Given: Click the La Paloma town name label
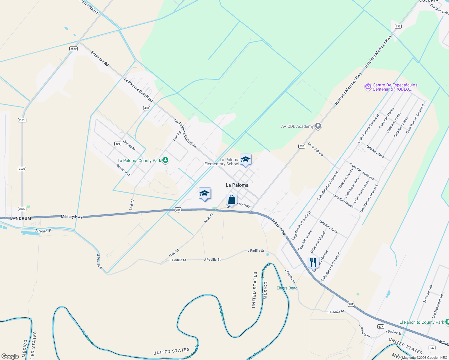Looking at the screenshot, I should (237, 185).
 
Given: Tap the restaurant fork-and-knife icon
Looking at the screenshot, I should (313, 262).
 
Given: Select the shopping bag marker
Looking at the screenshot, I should (231, 199).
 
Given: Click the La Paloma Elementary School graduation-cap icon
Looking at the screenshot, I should (246, 160).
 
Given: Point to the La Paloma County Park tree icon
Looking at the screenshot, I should (165, 160).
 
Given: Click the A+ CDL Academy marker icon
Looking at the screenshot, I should (318, 126).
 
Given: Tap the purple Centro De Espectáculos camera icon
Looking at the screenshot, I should (368, 87).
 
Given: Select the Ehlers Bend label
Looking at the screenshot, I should (287, 288).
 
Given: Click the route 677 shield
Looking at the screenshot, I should (381, 326).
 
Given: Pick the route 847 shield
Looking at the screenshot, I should (432, 348).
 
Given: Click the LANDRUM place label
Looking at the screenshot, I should (21, 218).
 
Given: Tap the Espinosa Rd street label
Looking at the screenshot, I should (100, 58).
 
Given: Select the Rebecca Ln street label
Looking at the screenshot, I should (123, 170).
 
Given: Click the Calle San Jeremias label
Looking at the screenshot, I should (362, 171).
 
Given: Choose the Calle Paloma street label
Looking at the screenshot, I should (315, 149).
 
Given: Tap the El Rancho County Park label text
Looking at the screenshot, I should (421, 322).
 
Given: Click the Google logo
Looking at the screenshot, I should (10, 356).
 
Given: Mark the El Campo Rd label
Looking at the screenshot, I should (428, 294).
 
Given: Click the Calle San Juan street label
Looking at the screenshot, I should (327, 226).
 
